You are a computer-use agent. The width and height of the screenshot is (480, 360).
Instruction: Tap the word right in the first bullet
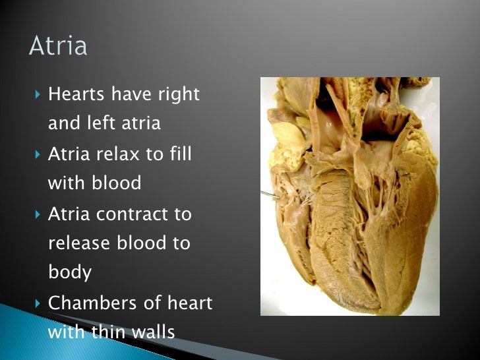(x=177, y=95)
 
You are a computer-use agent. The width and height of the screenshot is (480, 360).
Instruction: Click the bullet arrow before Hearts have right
(x=37, y=95)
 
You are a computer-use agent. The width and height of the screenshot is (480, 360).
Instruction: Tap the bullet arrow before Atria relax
(x=37, y=154)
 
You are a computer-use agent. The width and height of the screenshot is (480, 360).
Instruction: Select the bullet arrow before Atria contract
(x=37, y=214)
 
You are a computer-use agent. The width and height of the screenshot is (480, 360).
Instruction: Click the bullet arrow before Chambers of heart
(x=37, y=303)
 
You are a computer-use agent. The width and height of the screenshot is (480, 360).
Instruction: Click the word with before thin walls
(x=65, y=332)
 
